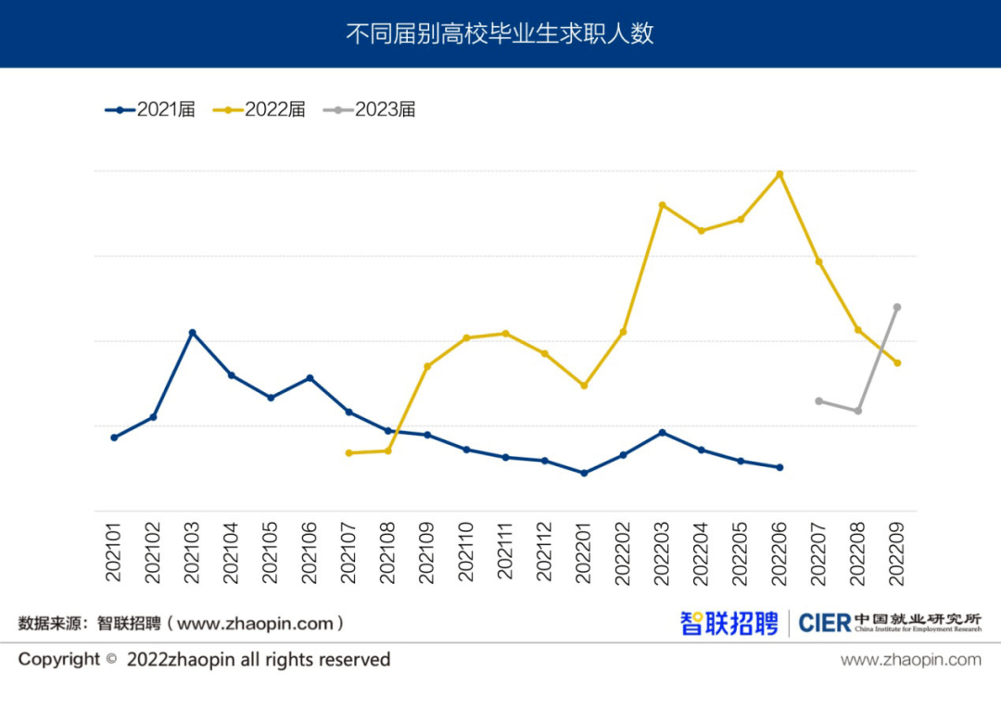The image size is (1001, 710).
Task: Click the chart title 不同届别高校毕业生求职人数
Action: [500, 34]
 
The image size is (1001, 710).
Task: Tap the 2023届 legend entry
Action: [370, 109]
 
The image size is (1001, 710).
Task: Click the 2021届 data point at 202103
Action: [192, 333]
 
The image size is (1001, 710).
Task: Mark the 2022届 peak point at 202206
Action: [779, 174]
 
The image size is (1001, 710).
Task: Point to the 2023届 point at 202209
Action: [897, 307]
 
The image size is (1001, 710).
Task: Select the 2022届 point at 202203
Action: [662, 205]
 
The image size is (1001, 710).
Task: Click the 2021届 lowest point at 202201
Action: [584, 473]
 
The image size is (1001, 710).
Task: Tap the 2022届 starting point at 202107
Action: [348, 453]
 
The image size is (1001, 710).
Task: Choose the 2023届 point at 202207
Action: [818, 401]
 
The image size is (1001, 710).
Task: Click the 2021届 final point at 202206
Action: [779, 467]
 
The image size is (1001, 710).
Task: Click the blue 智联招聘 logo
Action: [729, 623]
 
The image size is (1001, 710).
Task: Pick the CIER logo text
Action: [824, 623]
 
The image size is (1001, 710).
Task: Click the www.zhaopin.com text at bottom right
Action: [910, 660]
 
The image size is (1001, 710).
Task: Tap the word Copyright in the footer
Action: [58, 660]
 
